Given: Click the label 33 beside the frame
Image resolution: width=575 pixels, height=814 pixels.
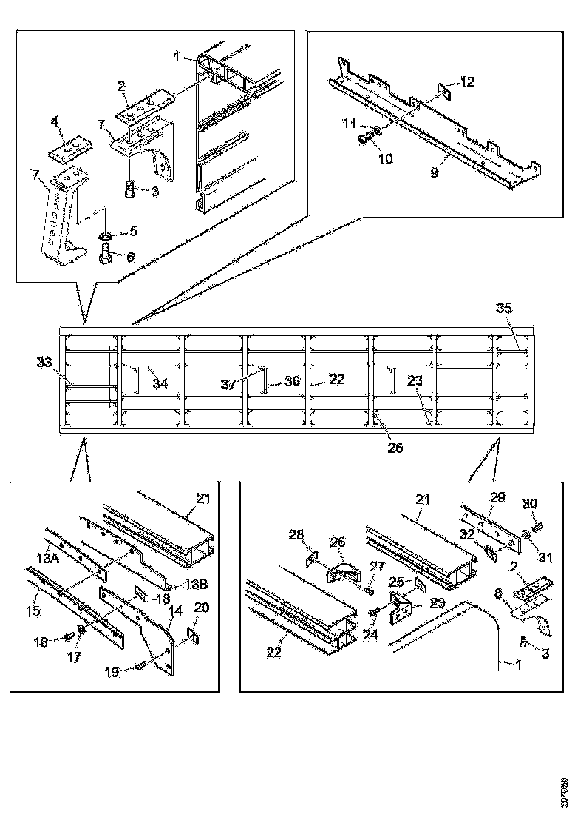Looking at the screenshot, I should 44,363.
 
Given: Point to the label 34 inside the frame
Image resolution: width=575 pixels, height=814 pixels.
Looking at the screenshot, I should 160,383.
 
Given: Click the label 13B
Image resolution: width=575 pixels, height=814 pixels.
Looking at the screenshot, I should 194,584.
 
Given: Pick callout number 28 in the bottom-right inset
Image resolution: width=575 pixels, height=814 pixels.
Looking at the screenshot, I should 296,535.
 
